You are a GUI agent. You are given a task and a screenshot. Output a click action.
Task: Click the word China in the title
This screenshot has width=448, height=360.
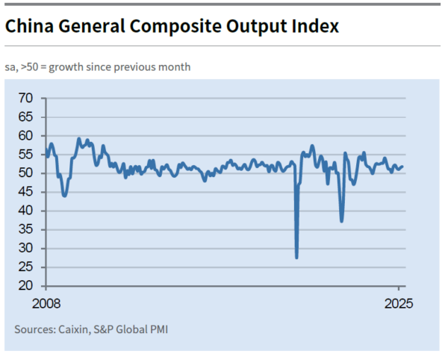pyautogui.click(x=29, y=26)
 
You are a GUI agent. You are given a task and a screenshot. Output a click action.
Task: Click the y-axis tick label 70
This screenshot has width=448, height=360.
pyautogui.click(x=26, y=98)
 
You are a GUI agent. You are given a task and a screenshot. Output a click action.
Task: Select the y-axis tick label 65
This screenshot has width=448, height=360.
pyautogui.click(x=26, y=117)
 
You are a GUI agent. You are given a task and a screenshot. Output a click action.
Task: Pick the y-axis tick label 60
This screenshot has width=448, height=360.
pyautogui.click(x=26, y=136)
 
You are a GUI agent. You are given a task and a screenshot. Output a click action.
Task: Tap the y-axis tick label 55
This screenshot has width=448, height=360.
pyautogui.click(x=26, y=155)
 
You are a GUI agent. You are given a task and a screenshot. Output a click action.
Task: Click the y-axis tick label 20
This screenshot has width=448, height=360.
pyautogui.click(x=26, y=286)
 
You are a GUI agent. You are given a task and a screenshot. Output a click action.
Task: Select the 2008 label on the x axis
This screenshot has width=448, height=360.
pyautogui.click(x=46, y=304)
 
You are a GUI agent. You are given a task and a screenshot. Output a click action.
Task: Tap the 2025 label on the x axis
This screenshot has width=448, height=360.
pyautogui.click(x=399, y=304)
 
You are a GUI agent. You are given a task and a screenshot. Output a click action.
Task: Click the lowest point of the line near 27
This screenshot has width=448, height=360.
pyautogui.click(x=296, y=258)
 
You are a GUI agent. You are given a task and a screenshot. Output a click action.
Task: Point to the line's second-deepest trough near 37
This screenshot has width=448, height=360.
pyautogui.click(x=341, y=220)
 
